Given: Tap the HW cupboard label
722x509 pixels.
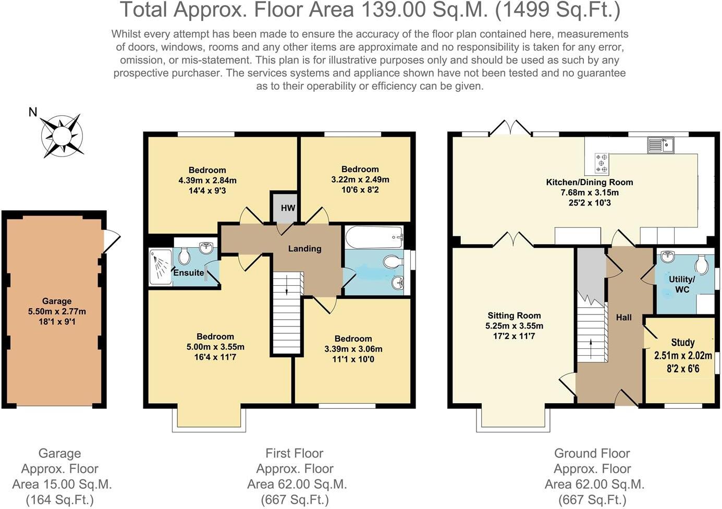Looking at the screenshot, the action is [288, 208].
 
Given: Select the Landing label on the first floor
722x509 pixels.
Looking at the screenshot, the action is [304, 249].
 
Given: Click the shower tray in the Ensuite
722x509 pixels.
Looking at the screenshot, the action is [161, 266].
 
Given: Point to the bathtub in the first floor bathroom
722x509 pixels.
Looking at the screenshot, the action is [374, 237].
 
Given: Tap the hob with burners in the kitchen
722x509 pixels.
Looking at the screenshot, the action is [602, 163].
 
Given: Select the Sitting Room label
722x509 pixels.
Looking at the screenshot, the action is [514, 316].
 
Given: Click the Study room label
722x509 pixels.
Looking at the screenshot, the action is [683, 342].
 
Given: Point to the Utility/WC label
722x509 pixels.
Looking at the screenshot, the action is [682, 284].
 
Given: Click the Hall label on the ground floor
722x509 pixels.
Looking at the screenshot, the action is [623, 318].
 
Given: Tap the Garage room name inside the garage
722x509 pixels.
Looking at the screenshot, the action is [57, 301].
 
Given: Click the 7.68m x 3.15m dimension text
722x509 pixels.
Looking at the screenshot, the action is [590, 192].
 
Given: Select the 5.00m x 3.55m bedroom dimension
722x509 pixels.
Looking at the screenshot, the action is [215, 347].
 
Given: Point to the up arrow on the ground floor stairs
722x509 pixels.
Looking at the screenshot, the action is [591, 349].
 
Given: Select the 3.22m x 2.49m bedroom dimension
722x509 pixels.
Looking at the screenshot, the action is [360, 179].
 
